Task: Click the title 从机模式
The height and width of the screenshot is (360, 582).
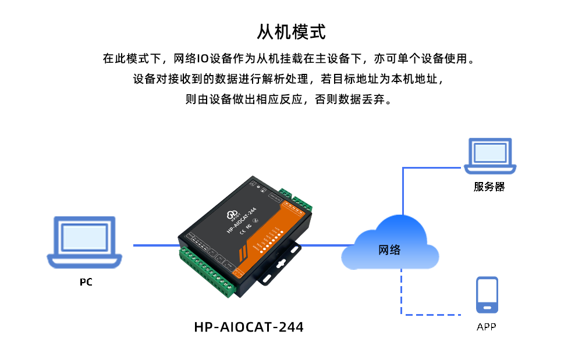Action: [291, 31]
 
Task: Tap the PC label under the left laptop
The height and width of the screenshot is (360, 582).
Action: [86, 283]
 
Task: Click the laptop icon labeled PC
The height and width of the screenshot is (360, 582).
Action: [85, 242]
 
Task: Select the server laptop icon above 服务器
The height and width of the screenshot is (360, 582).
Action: [490, 155]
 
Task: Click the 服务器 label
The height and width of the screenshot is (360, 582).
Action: [489, 187]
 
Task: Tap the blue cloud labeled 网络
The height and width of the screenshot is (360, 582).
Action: [390, 247]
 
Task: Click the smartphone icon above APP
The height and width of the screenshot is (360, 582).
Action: [487, 295]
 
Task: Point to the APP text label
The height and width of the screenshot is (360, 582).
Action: [487, 327]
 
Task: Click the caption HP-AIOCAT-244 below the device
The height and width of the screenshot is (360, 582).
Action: [249, 327]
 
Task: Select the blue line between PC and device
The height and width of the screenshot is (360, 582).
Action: [156, 245]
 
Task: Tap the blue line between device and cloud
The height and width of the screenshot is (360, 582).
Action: [323, 245]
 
